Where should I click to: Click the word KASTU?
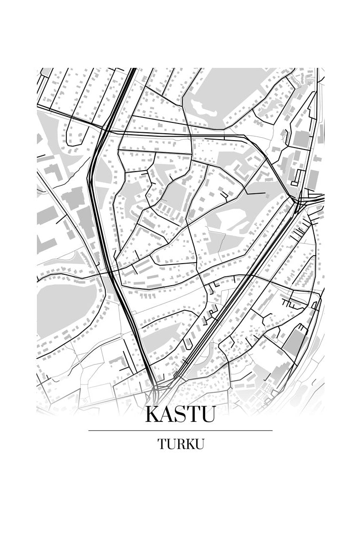(180, 414)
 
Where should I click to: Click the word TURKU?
(180, 444)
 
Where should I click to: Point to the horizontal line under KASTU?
(180, 430)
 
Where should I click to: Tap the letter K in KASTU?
(153, 414)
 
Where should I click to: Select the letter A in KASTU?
(168, 414)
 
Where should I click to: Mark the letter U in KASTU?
(208, 414)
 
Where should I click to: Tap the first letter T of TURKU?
(162, 444)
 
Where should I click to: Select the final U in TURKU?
(199, 444)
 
